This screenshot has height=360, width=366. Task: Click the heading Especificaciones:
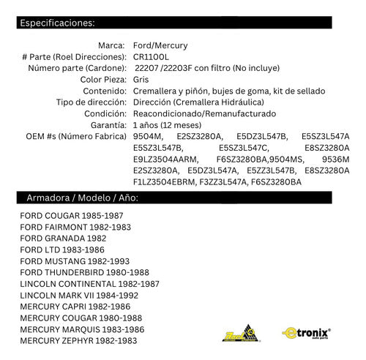(x=58, y=23)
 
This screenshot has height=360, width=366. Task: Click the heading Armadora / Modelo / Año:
(x=83, y=198)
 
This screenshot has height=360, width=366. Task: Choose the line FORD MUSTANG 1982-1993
(x=75, y=261)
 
